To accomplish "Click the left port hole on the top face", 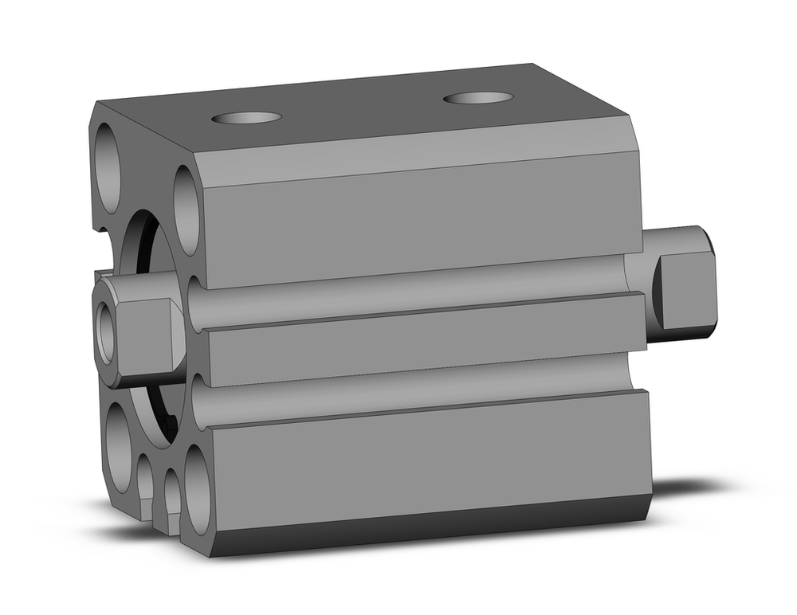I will coord(246,118).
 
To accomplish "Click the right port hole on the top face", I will coord(478,98).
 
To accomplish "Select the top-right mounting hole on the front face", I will coord(186,210).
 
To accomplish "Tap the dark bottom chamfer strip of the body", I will coord(430,529).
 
